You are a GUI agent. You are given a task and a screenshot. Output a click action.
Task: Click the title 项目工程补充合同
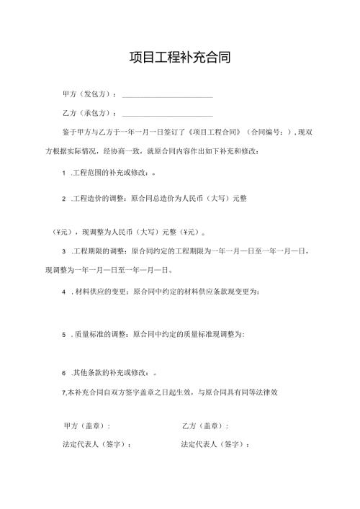click(179, 57)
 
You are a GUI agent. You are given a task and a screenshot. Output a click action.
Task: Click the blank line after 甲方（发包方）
click(168, 96)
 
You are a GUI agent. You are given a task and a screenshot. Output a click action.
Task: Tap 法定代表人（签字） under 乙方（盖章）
click(215, 445)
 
